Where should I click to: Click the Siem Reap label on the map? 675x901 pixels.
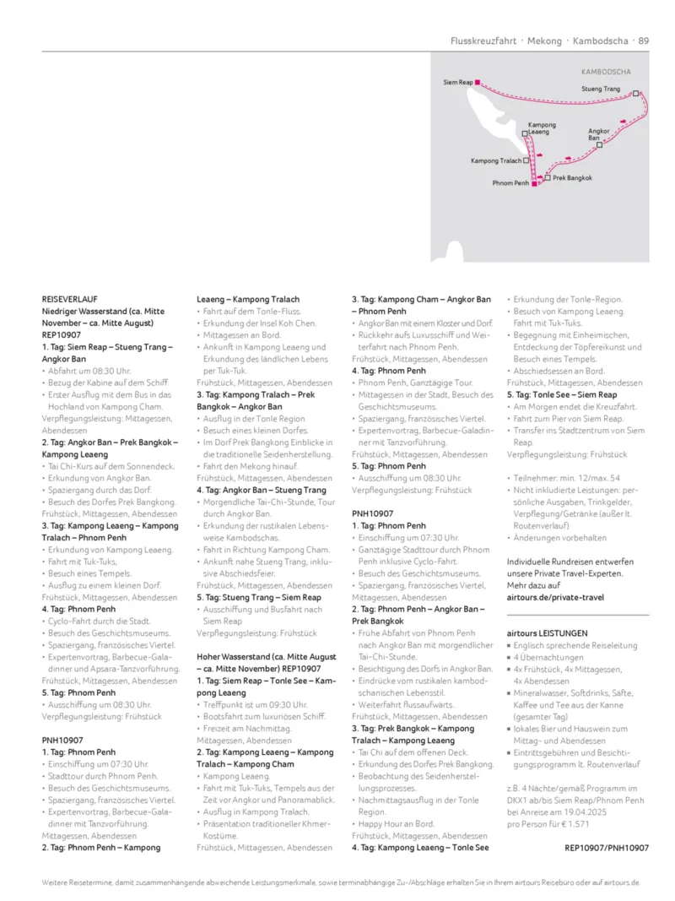coord(457,82)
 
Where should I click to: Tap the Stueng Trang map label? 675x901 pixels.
coord(601,89)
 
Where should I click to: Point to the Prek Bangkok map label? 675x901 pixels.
coord(572,178)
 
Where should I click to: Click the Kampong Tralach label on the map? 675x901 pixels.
coord(496,160)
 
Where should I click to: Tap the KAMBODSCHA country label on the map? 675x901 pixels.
coord(606,73)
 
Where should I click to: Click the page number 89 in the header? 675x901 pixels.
coord(644,40)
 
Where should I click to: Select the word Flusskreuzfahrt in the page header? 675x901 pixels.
coord(483,40)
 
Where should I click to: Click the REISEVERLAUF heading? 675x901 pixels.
coord(70,299)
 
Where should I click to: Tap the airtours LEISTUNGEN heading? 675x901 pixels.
coord(547,632)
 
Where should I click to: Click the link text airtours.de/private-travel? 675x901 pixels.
coord(555,597)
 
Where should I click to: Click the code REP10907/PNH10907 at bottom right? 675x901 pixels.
coord(607,847)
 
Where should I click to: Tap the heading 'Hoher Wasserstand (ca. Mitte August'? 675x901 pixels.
coord(266,656)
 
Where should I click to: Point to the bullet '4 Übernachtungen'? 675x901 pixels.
coord(550,657)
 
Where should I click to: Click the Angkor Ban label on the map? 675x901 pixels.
coord(599,134)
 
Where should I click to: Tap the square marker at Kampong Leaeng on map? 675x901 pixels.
coord(525,133)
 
